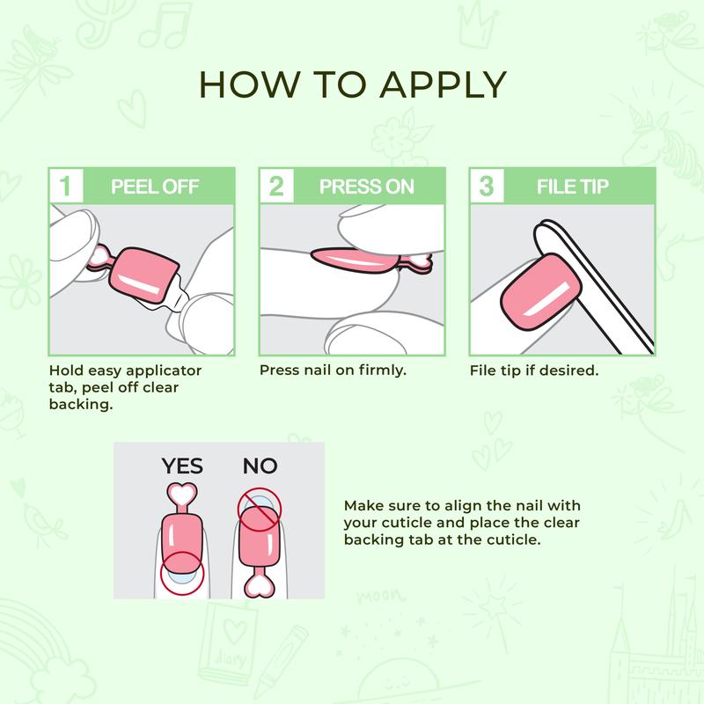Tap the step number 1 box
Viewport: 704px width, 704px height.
[x=65, y=186]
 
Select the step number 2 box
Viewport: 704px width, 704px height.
[x=276, y=186]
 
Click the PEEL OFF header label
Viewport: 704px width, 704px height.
[x=155, y=187]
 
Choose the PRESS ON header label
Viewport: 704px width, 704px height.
[x=366, y=187]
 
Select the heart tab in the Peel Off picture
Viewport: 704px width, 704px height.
[x=100, y=258]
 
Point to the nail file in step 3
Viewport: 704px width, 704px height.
[x=607, y=282]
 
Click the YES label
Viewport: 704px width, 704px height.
[x=182, y=466]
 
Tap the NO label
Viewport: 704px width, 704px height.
[x=260, y=466]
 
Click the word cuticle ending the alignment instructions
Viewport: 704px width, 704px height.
[x=508, y=539]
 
